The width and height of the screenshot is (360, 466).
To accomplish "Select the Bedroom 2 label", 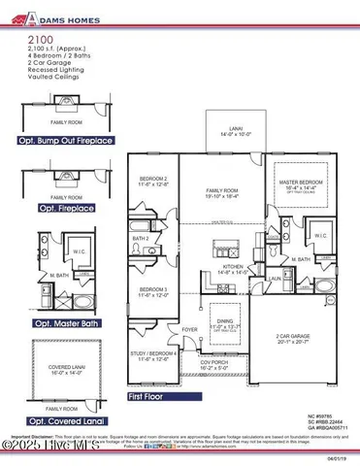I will [x=153, y=181].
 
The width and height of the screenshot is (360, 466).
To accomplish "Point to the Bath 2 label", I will [x=141, y=239].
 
